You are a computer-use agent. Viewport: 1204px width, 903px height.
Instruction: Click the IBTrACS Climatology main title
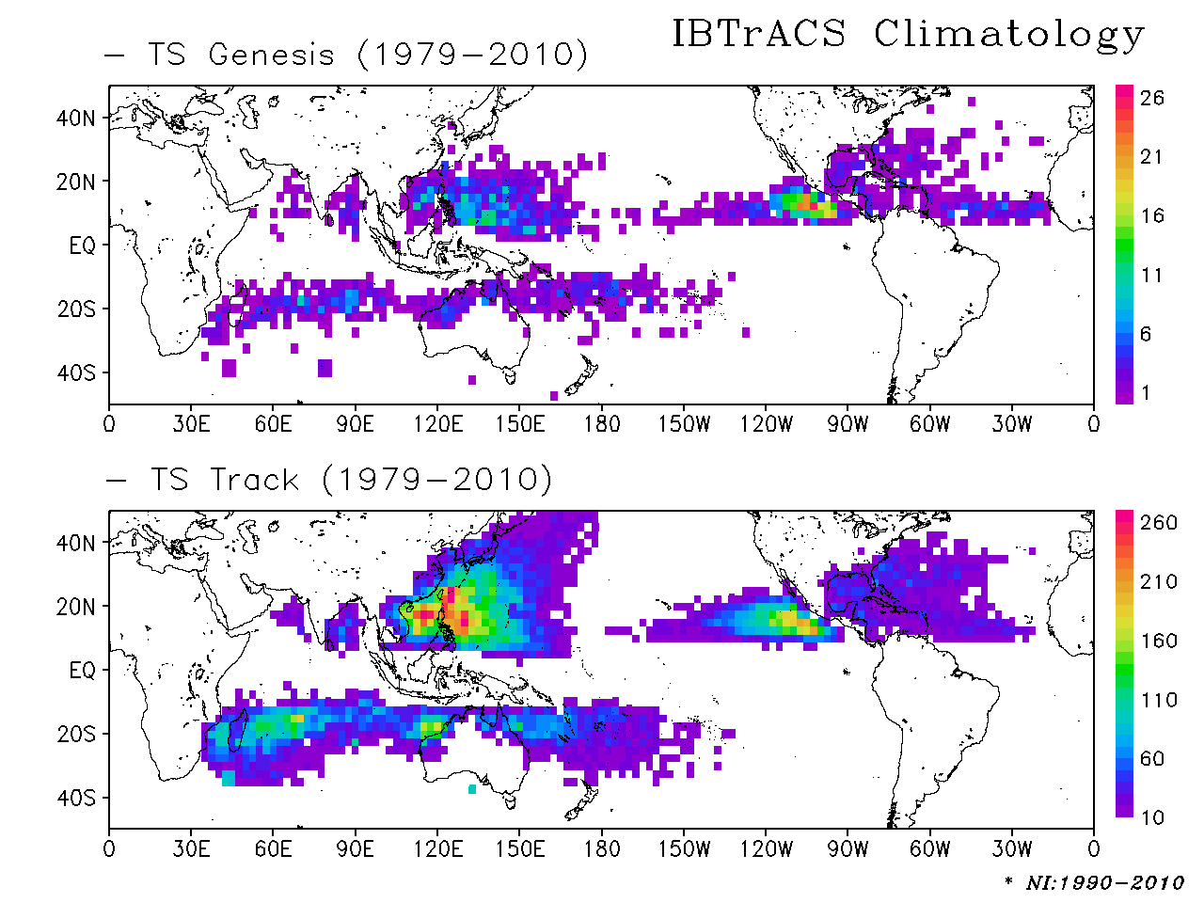(908, 35)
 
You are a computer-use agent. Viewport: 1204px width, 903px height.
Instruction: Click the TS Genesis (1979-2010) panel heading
(367, 55)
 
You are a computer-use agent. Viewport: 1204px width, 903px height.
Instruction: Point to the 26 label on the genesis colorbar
(1151, 98)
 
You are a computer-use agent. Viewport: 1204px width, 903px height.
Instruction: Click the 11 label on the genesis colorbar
(1151, 276)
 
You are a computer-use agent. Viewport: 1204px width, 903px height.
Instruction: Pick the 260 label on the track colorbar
(1158, 523)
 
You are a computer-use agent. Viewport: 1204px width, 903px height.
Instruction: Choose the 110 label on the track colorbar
(1158, 700)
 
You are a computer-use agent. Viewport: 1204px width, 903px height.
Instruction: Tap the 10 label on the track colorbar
(1152, 817)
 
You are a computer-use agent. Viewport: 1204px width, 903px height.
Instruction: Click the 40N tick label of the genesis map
(76, 119)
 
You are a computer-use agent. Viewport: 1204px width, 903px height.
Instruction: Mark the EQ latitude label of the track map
(83, 671)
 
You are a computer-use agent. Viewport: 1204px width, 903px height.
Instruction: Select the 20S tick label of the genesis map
(76, 309)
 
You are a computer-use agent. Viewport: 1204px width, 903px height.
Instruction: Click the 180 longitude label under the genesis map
(602, 424)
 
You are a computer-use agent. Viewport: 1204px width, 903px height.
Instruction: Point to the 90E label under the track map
(356, 849)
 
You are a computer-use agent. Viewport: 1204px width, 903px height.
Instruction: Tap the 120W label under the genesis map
(766, 424)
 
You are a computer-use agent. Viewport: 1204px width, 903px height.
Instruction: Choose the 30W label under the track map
(1011, 849)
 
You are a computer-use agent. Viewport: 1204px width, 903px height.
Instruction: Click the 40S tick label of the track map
(76, 799)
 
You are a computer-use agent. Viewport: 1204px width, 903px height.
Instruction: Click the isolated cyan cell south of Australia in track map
(472, 789)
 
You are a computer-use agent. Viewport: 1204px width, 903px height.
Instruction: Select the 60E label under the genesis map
(274, 424)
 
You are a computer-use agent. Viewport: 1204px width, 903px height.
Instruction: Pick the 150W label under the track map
(684, 849)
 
